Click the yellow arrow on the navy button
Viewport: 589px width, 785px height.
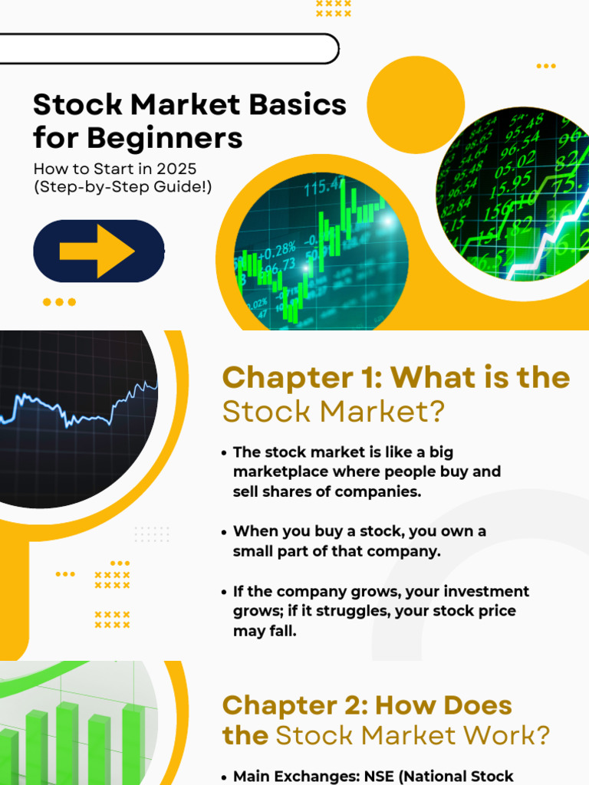97,251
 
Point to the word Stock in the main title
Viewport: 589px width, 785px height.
77,104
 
